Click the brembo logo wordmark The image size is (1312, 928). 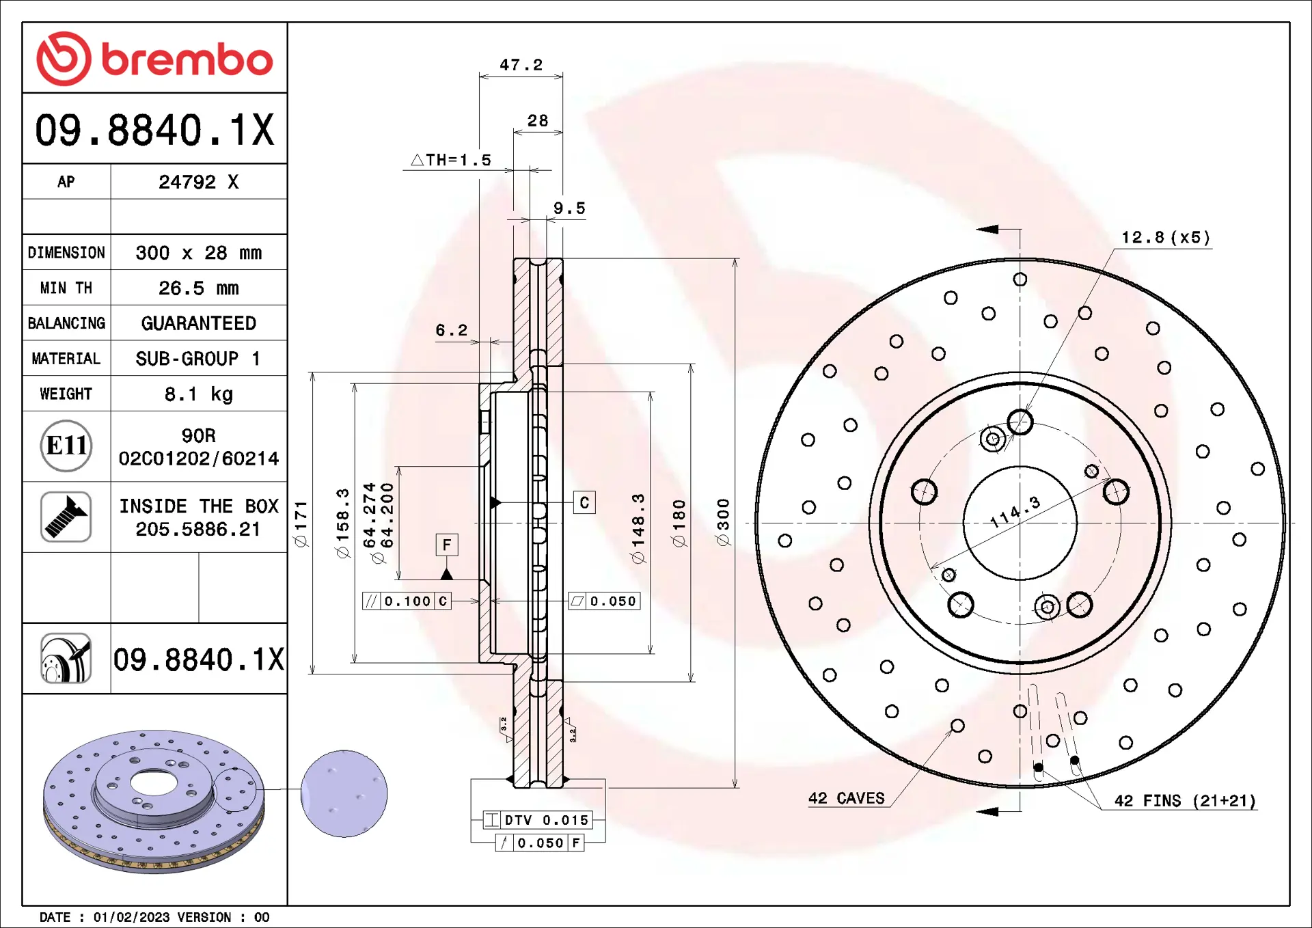187,59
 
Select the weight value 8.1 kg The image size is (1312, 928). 198,394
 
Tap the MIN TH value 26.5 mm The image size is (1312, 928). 198,288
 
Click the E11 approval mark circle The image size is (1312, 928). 66,446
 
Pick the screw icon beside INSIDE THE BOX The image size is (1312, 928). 66,517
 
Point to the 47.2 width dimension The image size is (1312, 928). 521,65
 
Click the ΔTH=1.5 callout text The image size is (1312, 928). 451,160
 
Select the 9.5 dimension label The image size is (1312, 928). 569,208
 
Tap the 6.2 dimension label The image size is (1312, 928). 452,331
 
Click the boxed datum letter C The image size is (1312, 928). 584,503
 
